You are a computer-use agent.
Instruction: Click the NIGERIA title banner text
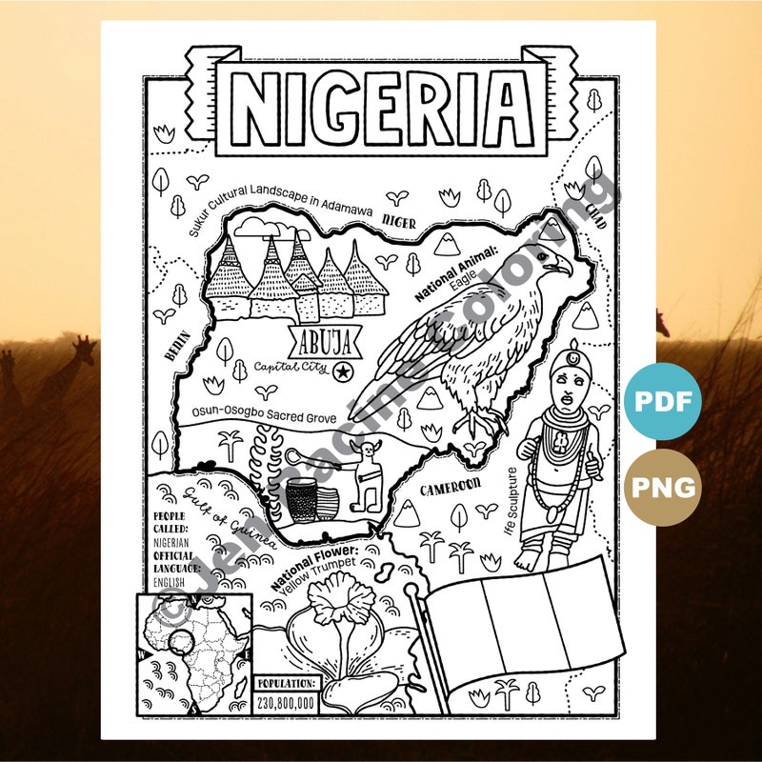(382, 104)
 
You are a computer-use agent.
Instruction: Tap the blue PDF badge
(663, 401)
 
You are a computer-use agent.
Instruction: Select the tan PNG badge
(663, 488)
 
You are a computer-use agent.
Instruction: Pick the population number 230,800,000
(285, 703)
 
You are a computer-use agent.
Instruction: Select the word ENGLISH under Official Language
(168, 583)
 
